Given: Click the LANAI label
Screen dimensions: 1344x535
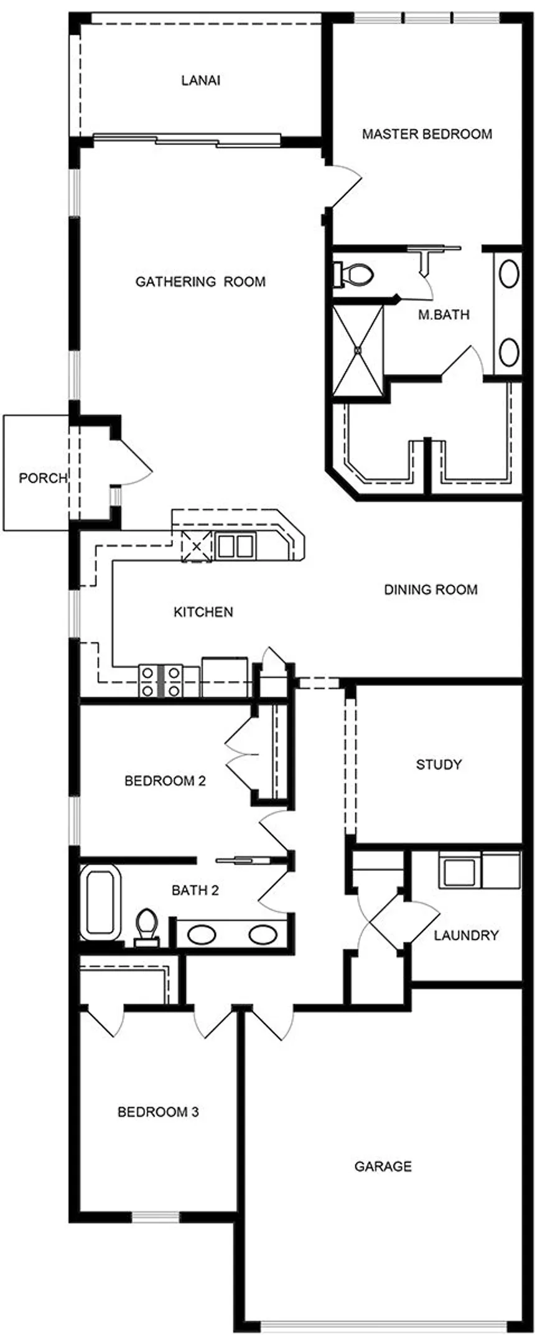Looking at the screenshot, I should coord(200,81).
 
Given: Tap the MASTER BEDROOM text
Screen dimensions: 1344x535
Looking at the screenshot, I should coord(427,134).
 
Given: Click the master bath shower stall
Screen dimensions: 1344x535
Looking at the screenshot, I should coord(358,350).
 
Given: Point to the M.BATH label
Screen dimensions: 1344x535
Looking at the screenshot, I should coord(443,315).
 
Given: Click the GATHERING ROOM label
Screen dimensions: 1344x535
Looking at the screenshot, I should coord(200,282).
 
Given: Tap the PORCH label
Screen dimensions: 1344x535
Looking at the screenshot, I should coord(42,478).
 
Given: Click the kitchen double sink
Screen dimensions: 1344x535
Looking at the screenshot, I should coord(235,547).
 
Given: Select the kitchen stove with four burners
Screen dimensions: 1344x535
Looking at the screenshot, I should coord(160,681).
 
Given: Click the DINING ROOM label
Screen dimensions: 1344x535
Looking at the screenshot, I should coord(430,590).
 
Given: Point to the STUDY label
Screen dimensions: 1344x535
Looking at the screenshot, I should coord(439,764).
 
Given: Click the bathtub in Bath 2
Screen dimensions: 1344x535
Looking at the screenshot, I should coord(100,901).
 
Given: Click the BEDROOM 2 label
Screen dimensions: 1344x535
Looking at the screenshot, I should coord(165,781).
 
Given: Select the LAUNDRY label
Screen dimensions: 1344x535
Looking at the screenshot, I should coord(466,935).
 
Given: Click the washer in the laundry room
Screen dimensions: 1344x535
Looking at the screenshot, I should coord(460,870).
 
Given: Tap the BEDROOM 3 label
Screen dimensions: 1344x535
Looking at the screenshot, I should coord(158,1112).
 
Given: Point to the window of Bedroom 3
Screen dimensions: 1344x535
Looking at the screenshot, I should coord(156,1217).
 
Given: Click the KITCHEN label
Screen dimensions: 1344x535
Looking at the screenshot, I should coord(203,612).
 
